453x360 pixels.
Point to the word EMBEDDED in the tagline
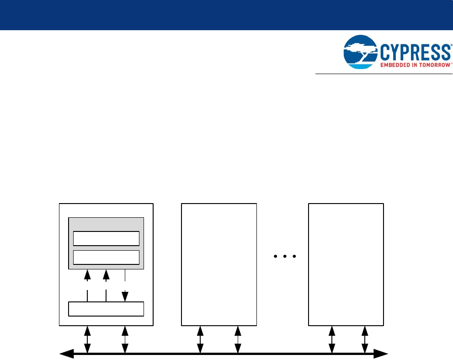coord(395,65)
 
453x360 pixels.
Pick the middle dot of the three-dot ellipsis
coord(284,257)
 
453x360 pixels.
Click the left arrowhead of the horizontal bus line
coord(67,354)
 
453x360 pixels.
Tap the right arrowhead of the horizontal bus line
coord(381,354)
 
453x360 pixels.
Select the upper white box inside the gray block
coord(106,239)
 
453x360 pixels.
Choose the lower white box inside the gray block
coord(106,258)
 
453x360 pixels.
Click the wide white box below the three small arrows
coord(106,309)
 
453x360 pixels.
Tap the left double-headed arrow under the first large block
coord(87,339)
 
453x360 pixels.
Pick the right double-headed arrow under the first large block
coord(125,339)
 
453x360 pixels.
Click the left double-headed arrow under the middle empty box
coord(200,339)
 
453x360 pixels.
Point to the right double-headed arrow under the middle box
coord(238,339)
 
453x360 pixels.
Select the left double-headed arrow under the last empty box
coord(332,339)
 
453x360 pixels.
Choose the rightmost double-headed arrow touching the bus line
coord(364,339)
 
